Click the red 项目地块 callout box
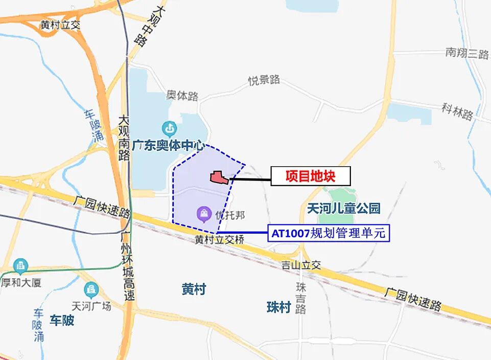click(x=310, y=176)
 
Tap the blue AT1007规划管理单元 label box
click(x=329, y=234)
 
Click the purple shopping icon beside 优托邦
click(x=204, y=214)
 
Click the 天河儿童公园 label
click(x=344, y=208)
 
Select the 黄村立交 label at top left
click(x=61, y=25)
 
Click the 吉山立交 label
click(x=301, y=265)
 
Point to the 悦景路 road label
click(x=264, y=80)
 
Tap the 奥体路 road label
click(x=182, y=96)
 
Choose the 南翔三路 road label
click(x=467, y=53)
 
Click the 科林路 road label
click(x=458, y=111)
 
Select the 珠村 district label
click(x=279, y=307)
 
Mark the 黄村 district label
click(x=194, y=289)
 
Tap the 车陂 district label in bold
click(x=62, y=321)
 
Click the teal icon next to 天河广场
click(x=91, y=289)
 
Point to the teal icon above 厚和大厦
click(x=20, y=266)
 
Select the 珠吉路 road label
click(x=301, y=298)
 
